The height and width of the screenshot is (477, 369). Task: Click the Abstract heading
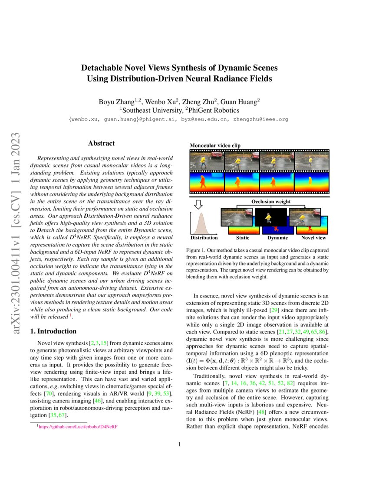point(101,143)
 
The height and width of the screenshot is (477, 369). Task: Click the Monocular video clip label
point(216,145)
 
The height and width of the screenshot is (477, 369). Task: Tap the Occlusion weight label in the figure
point(270,202)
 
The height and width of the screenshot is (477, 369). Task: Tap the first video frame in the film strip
point(207,161)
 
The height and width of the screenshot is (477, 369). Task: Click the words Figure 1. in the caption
point(196,251)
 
